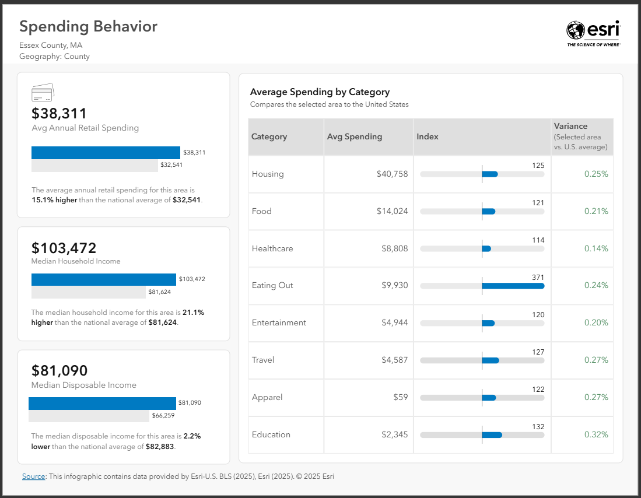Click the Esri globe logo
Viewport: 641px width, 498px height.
pyautogui.click(x=575, y=30)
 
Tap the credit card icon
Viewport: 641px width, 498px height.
pyautogui.click(x=43, y=92)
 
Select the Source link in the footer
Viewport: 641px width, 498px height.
pyautogui.click(x=33, y=476)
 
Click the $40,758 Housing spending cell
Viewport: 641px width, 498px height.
pyautogui.click(x=392, y=174)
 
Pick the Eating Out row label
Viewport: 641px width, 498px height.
pyautogui.click(x=272, y=286)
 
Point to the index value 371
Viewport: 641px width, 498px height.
pyautogui.click(x=538, y=278)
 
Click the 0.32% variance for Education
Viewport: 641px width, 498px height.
pyautogui.click(x=596, y=434)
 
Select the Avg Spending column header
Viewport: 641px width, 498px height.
pyautogui.click(x=355, y=136)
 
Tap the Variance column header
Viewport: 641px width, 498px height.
pyautogui.click(x=570, y=126)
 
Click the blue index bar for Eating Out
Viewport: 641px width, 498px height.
pyautogui.click(x=513, y=286)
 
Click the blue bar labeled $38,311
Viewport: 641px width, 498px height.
pyautogui.click(x=106, y=153)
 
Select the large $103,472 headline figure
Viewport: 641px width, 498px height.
pyautogui.click(x=64, y=248)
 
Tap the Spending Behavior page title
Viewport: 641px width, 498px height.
pyautogui.click(x=88, y=26)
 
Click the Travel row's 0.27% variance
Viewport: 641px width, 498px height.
pyautogui.click(x=596, y=360)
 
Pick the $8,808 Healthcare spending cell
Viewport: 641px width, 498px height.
pyautogui.click(x=395, y=248)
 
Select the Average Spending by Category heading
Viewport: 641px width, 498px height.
pyautogui.click(x=320, y=92)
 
